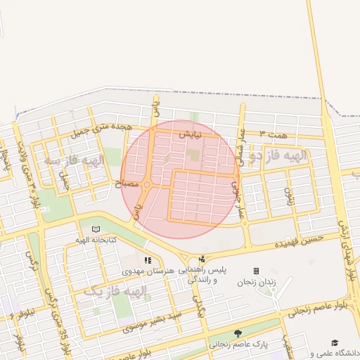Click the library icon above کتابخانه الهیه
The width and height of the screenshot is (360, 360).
(96, 229)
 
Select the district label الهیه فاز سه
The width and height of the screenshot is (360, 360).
(73, 160)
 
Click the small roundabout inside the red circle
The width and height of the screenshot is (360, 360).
(146, 185)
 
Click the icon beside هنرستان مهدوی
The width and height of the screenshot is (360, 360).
(148, 260)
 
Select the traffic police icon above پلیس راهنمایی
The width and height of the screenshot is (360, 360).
(202, 259)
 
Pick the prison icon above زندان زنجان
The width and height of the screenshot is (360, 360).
(256, 271)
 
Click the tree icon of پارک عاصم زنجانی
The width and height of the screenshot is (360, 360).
(238, 333)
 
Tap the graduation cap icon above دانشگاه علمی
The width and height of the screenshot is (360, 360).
(335, 342)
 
